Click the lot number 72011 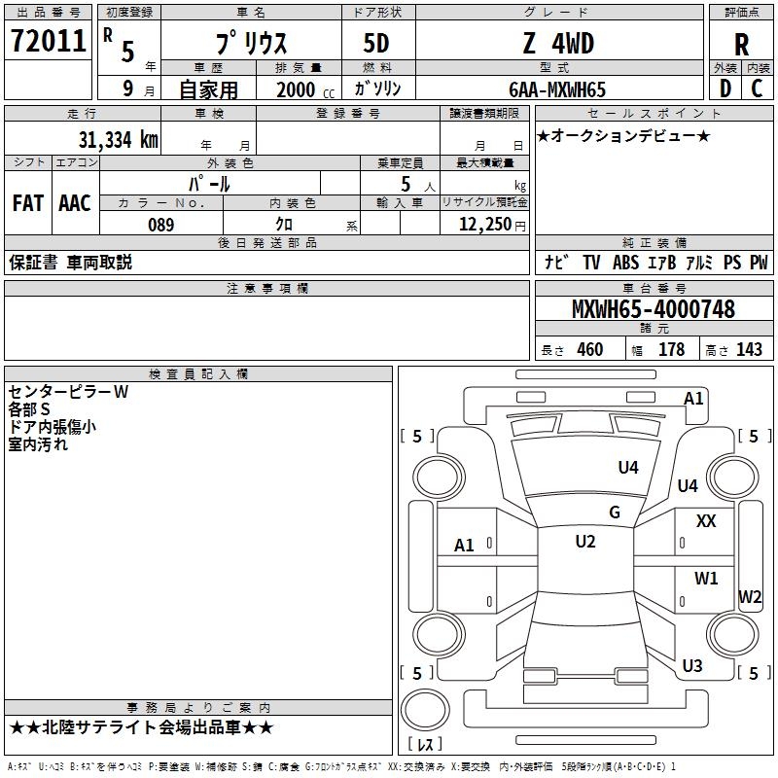pos(48,41)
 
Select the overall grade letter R pos(741,45)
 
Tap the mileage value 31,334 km pos(118,140)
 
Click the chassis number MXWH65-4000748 pos(654,309)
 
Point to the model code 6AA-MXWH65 pos(557,89)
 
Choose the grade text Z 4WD pos(558,43)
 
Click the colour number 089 pos(161,225)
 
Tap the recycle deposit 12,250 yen pos(492,225)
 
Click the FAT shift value pos(28,203)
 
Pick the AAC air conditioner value pos(75,203)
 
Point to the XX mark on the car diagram pos(706,521)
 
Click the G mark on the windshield pos(615,513)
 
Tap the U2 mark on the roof pos(585,542)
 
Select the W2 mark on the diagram pos(750,596)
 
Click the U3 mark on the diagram pos(692,665)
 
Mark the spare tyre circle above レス pos(425,710)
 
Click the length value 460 pos(590,350)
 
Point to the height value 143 pos(749,350)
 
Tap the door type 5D pos(376,44)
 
